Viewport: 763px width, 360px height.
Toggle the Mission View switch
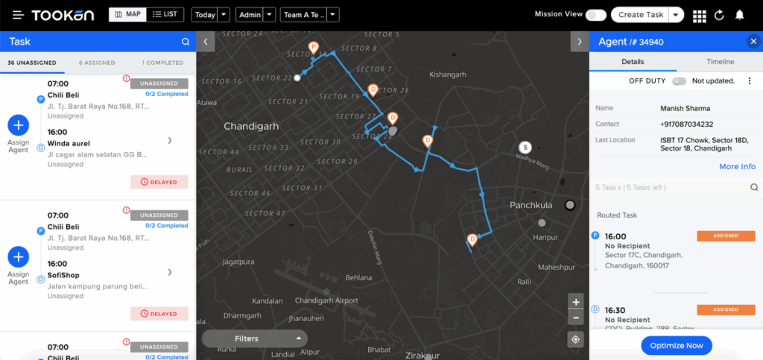pos(595,15)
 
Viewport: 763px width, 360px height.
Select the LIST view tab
pos(165,14)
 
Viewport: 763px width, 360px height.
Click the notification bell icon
pos(739,15)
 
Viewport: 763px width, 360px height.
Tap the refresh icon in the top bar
pos(719,15)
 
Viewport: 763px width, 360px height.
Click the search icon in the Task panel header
pos(186,42)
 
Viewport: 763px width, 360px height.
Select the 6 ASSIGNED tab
pos(97,63)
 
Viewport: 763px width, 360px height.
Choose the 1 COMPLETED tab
pos(162,63)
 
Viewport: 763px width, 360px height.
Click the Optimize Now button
pos(677,345)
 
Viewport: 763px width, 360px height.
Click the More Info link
pos(737,167)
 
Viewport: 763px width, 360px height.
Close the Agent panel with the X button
pos(753,42)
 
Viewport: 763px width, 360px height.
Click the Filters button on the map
pos(254,338)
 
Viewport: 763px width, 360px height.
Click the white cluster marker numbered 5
pos(525,147)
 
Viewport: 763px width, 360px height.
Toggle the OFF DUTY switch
pos(678,80)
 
